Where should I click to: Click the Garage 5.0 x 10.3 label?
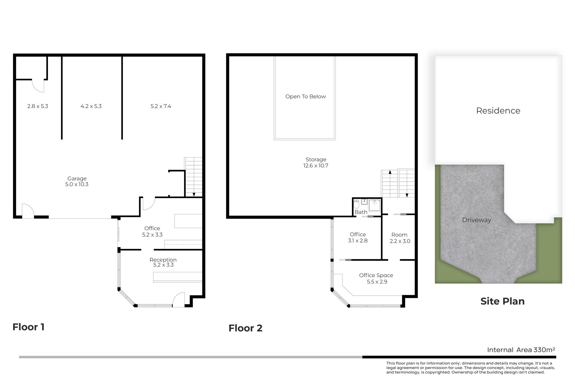(77, 181)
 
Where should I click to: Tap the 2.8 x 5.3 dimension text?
(38, 106)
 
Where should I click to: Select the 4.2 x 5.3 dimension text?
(91, 106)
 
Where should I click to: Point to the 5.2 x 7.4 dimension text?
(161, 106)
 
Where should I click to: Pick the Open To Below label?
(305, 97)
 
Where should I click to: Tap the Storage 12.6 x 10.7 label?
(316, 163)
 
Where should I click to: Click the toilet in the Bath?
(356, 204)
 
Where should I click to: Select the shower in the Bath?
(375, 205)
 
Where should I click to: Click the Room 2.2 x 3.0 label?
(400, 238)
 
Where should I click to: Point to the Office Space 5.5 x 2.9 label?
(376, 278)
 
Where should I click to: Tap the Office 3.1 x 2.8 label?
(358, 238)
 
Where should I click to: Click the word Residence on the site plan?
(498, 111)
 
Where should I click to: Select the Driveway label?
(477, 220)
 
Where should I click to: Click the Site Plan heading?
(503, 301)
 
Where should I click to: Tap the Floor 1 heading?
(28, 327)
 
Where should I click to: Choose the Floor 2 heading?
(246, 328)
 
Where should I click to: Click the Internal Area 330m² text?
(521, 350)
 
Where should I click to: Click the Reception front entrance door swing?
(179, 299)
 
